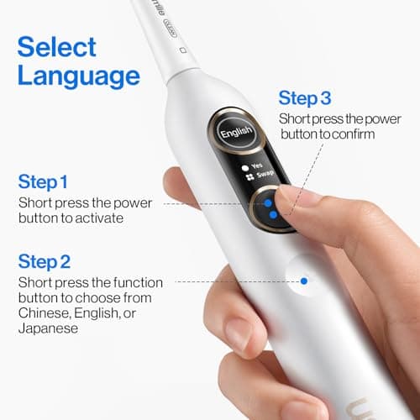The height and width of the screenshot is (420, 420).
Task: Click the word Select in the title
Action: click(x=56, y=45)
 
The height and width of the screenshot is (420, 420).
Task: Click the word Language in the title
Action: click(x=78, y=76)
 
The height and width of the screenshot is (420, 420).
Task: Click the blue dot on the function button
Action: click(x=304, y=281)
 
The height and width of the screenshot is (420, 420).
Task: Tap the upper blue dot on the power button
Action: click(x=267, y=202)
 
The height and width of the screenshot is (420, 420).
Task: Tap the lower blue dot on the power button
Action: click(x=273, y=215)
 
